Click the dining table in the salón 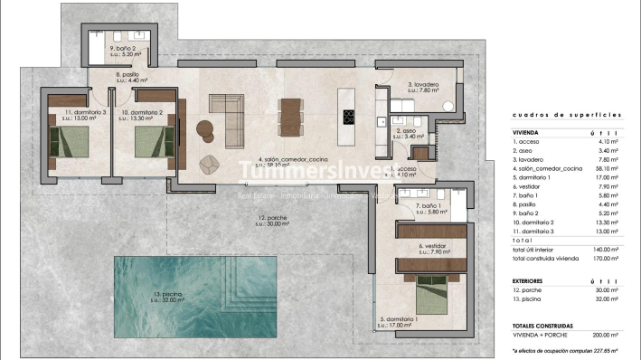point(291,116)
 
